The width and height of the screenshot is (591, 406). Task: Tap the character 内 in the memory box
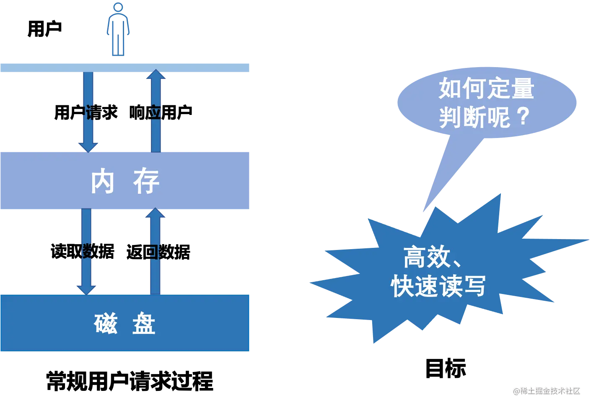tap(103, 182)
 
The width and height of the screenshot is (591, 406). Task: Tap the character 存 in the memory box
tap(146, 182)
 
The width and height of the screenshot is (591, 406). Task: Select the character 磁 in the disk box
tap(106, 323)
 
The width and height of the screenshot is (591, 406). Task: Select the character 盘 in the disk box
tap(144, 323)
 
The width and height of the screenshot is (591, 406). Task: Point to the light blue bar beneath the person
tap(126, 67)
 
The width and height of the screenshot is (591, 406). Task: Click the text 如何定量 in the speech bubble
tap(486, 88)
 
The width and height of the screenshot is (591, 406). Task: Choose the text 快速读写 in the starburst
tap(438, 286)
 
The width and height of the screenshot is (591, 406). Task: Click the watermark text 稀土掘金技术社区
tap(550, 390)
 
